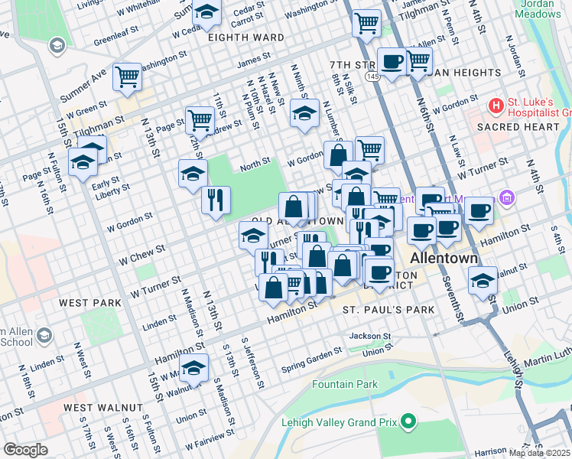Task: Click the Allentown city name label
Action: click(x=444, y=259)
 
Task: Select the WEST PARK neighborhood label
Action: click(x=90, y=303)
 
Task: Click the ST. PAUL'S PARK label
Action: click(x=388, y=310)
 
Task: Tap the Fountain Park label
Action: click(x=345, y=383)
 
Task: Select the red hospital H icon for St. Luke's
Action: click(x=496, y=104)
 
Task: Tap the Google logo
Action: click(x=25, y=450)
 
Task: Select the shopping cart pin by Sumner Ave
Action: click(x=127, y=76)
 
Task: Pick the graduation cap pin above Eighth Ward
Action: click(x=206, y=11)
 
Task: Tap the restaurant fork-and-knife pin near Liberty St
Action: click(x=216, y=200)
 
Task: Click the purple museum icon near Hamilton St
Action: click(x=505, y=199)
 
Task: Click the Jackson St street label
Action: click(x=369, y=336)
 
